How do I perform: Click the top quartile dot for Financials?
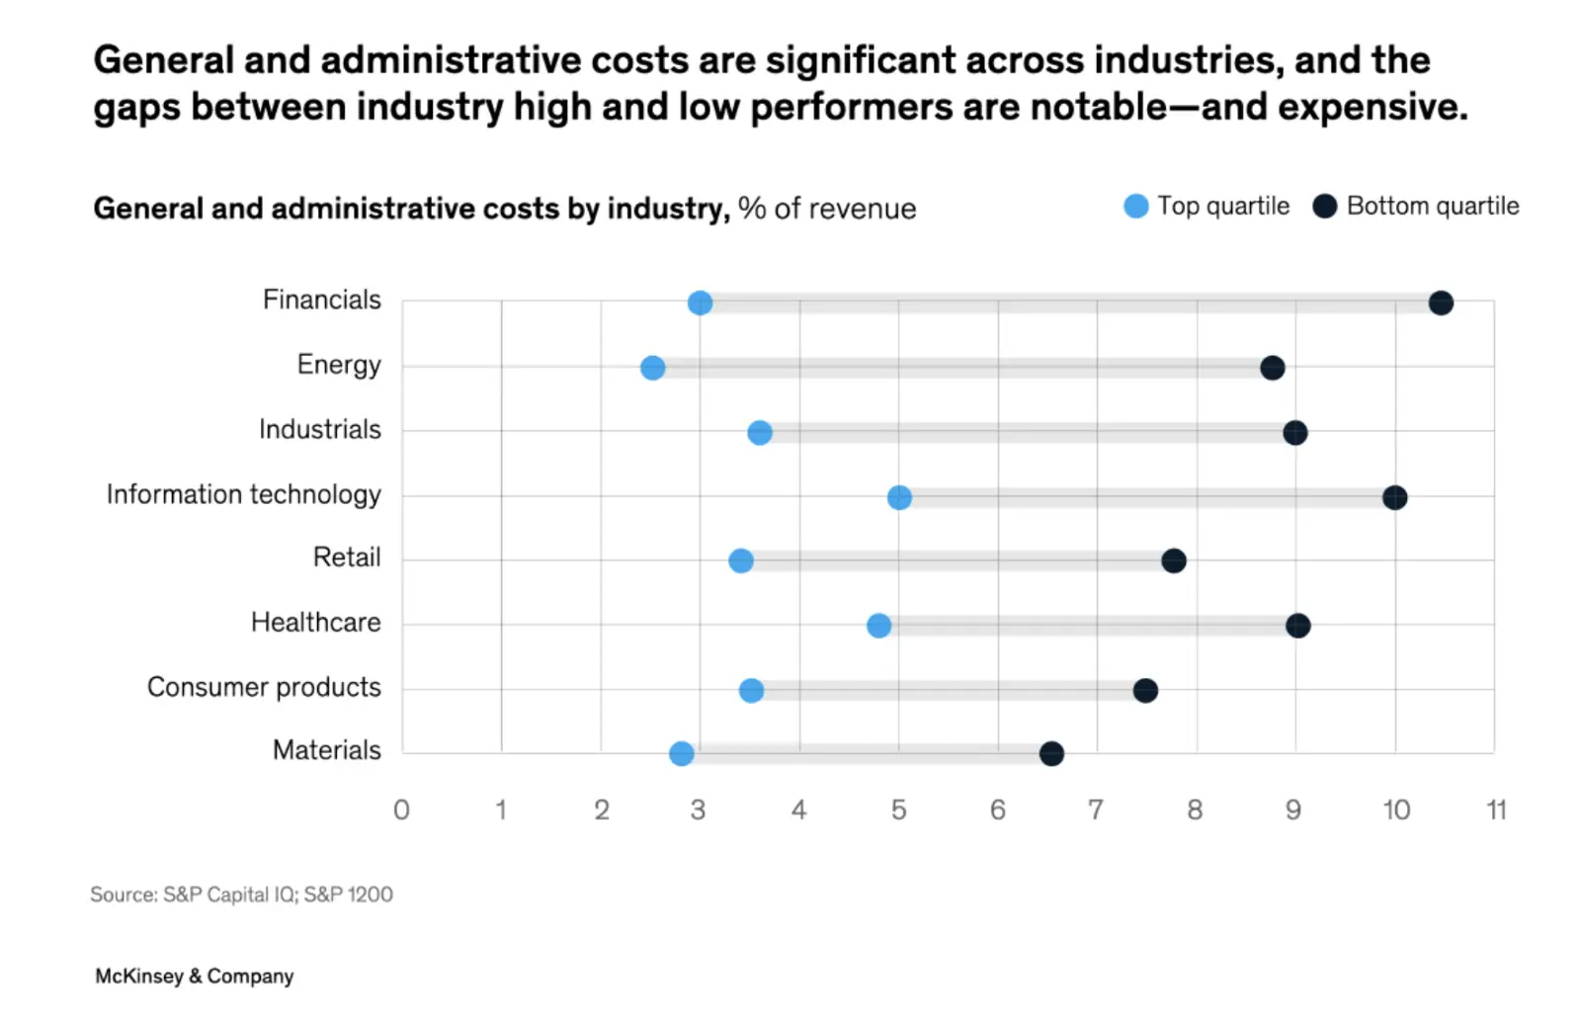tap(700, 302)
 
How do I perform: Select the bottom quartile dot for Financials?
tap(1441, 302)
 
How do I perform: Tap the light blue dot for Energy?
tap(652, 368)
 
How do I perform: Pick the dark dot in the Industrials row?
tap(1294, 432)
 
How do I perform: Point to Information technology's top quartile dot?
tap(899, 497)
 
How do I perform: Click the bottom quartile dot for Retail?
tap(1173, 561)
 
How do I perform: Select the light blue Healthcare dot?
tap(878, 626)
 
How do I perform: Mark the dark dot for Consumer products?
tap(1145, 690)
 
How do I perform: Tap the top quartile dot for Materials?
tap(681, 754)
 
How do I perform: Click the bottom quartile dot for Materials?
tap(1051, 754)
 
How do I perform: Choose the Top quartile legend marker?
tap(1136, 206)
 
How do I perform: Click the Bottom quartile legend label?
tap(1432, 206)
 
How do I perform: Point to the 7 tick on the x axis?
tap(1095, 811)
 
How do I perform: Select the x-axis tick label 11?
tap(1496, 811)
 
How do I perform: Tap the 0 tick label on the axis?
tap(401, 811)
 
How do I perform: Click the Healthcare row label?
tap(315, 622)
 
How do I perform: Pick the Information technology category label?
tap(243, 494)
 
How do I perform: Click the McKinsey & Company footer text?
tap(195, 976)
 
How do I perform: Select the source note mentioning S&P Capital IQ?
tap(241, 895)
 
